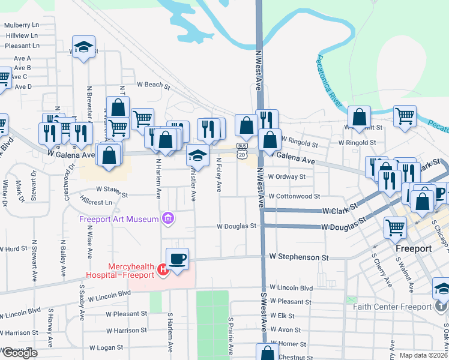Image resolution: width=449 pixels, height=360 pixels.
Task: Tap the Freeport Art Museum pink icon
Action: tap(169, 219)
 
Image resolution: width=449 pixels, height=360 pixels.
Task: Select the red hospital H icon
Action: tap(162, 271)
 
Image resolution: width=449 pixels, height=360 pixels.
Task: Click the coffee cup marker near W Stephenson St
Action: tap(177, 260)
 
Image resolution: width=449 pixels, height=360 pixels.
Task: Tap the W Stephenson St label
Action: tap(299, 257)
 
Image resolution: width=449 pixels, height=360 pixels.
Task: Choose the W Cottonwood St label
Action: tap(294, 196)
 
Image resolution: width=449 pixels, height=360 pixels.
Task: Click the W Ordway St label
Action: tap(286, 177)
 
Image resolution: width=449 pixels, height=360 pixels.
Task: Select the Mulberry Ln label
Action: tap(21, 25)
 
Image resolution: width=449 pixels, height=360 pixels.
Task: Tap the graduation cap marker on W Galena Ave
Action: tap(197, 156)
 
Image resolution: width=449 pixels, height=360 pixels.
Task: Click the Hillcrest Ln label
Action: tap(95, 203)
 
